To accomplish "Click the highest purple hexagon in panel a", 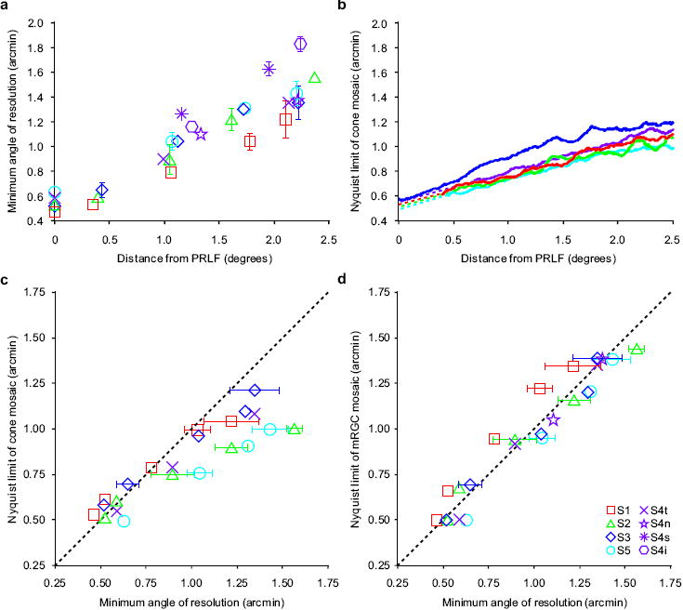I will coord(300,44).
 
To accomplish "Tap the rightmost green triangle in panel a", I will coord(314,78).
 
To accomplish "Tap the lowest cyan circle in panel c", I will coord(124,521).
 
